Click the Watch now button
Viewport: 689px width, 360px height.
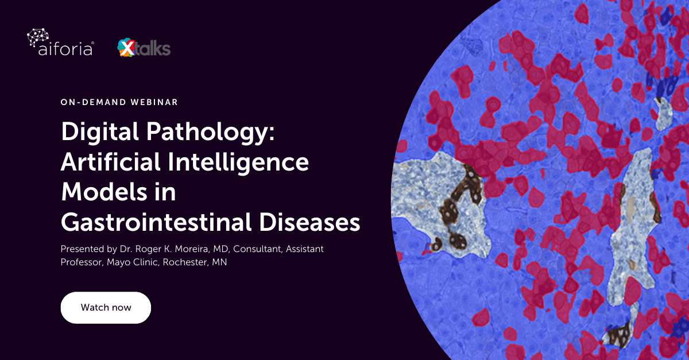click(x=106, y=307)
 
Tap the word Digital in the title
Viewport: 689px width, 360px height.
click(x=96, y=133)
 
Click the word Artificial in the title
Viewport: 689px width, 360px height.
click(x=109, y=162)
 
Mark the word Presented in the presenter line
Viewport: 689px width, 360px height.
click(x=80, y=250)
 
